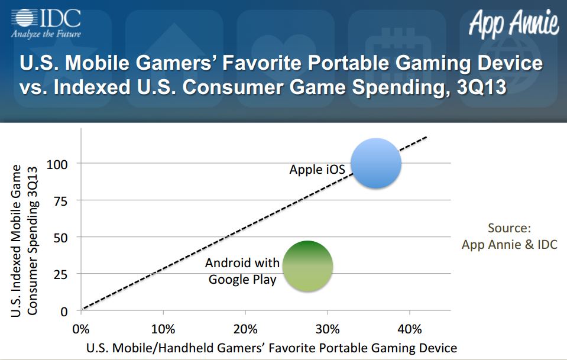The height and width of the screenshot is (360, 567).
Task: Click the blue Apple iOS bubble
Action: (x=376, y=163)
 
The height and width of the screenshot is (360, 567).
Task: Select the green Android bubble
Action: (x=307, y=266)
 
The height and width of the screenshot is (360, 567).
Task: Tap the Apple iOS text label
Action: (x=317, y=170)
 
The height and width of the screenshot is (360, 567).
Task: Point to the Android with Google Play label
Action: (x=242, y=271)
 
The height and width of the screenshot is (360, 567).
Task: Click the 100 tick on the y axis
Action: (x=57, y=164)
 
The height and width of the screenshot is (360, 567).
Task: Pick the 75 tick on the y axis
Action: (x=61, y=201)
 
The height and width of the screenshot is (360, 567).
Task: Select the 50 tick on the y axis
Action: (x=61, y=238)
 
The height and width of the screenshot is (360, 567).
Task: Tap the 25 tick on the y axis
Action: (x=61, y=274)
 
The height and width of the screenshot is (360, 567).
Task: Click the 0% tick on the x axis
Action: (x=81, y=329)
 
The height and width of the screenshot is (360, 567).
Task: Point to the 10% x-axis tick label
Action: (x=163, y=329)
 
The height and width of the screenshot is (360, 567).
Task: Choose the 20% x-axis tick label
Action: (x=245, y=329)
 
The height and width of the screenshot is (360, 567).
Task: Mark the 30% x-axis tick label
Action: (x=328, y=329)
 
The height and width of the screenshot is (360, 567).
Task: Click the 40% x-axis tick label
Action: (x=410, y=329)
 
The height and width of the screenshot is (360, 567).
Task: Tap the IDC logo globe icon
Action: (x=24, y=18)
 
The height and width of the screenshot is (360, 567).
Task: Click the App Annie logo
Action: (x=514, y=23)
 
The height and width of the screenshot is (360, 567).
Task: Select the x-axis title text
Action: (x=271, y=348)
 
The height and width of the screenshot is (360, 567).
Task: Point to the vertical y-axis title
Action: (x=24, y=241)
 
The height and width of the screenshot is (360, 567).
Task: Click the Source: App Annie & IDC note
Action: (x=510, y=236)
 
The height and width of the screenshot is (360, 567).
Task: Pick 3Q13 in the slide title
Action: (x=482, y=87)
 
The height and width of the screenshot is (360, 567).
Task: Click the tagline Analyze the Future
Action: (x=46, y=34)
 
